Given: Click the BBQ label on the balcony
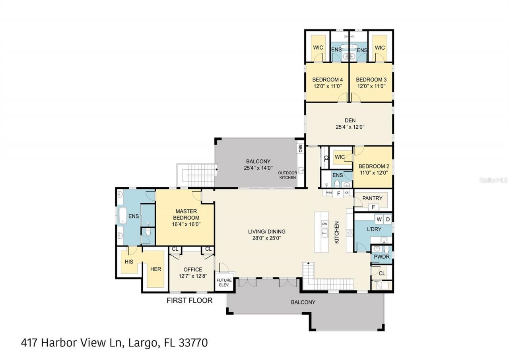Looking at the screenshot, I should click(300, 148).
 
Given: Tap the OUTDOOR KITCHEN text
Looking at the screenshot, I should click(287, 175).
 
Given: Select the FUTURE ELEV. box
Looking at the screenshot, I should click(224, 283).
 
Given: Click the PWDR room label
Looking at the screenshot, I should click(381, 257).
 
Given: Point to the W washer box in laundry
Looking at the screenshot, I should click(379, 219).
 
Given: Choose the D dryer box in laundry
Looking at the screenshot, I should click(388, 219).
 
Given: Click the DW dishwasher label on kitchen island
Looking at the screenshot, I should click(324, 223).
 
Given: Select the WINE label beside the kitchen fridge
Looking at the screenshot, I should click(329, 193).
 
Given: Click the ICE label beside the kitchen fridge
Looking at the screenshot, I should click(346, 193).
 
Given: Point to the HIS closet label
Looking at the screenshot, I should click(128, 262).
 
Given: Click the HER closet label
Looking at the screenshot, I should click(155, 269).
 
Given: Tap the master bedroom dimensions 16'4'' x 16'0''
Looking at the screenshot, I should click(186, 224).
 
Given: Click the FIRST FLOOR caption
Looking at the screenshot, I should click(189, 300).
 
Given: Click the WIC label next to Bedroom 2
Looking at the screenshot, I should click(340, 157).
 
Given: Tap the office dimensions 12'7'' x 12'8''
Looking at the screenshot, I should click(193, 276).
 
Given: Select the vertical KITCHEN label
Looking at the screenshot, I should click(336, 232).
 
